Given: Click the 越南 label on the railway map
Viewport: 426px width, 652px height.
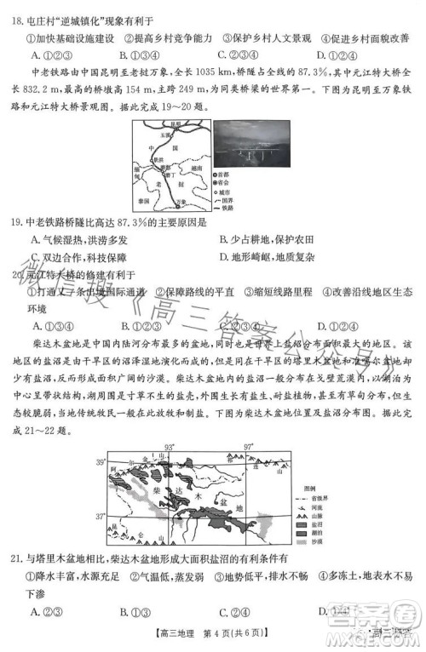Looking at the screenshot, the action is (198, 168).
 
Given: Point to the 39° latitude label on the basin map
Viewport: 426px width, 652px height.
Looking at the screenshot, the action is (101, 462).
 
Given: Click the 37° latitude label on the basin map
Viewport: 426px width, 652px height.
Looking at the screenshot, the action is (101, 516).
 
